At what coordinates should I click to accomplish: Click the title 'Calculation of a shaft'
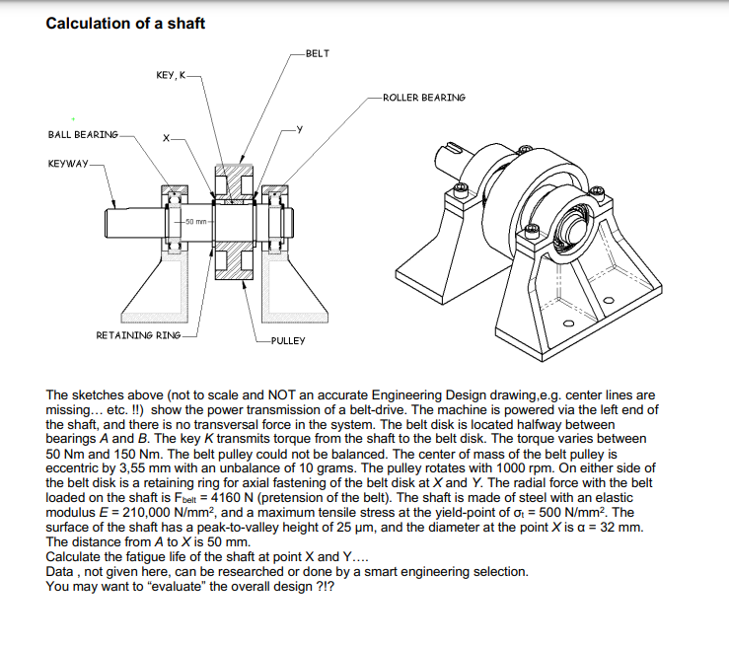coord(125,23)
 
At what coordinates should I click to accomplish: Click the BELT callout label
coord(318,51)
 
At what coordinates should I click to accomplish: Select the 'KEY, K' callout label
coord(170,75)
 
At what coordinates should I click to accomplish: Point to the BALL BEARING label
coord(83,134)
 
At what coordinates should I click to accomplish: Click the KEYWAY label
coord(68,163)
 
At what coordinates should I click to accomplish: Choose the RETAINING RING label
coord(138,335)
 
